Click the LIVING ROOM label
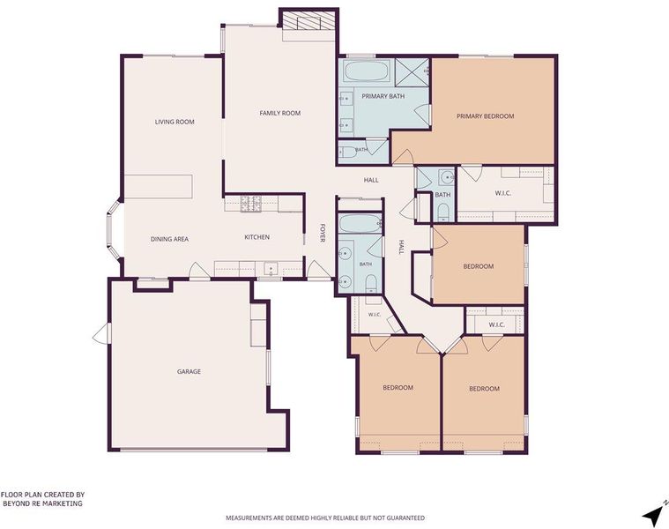point(175,122)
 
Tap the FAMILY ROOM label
point(280,113)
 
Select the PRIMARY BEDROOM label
point(485,116)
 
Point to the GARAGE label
point(189,371)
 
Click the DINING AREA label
point(169,239)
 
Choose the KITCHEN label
point(256,237)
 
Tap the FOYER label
point(323,234)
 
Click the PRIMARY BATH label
point(383,96)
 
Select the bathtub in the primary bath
point(367,71)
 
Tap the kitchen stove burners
point(251,203)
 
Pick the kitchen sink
point(271,269)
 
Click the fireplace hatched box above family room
point(308,20)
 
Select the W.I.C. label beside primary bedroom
point(503,193)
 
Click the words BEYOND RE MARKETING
point(42,503)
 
